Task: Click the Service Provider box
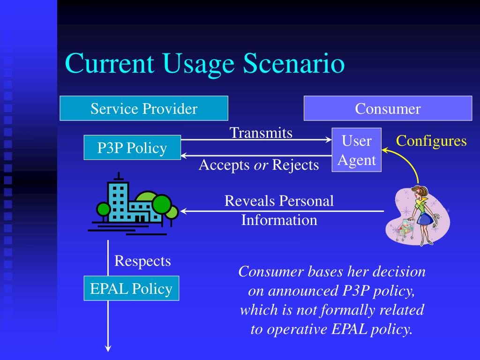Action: click(x=144, y=108)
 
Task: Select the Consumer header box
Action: click(x=388, y=108)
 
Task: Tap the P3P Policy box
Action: click(x=132, y=148)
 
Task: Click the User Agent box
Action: click(x=357, y=150)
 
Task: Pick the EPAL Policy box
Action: click(x=131, y=288)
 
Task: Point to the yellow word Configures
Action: click(x=431, y=141)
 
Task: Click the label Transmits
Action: click(x=261, y=133)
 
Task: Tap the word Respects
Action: click(x=142, y=261)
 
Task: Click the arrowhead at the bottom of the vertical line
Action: click(x=108, y=348)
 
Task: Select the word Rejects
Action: click(x=295, y=165)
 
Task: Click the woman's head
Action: click(x=416, y=192)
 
